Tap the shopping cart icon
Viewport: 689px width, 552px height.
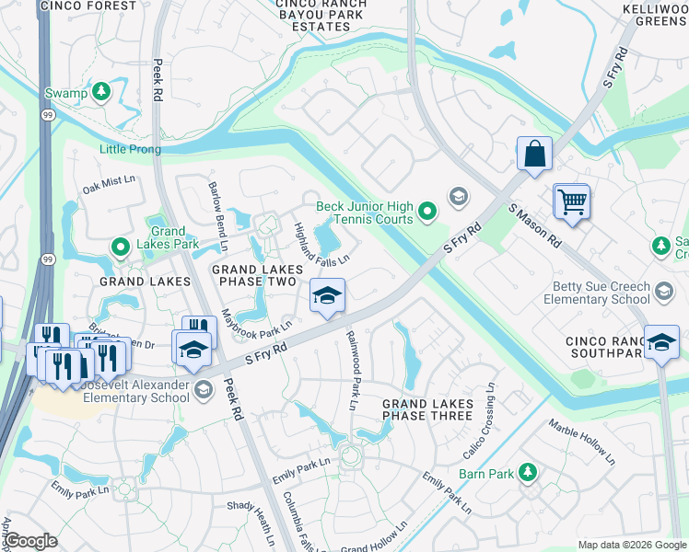point(571,201)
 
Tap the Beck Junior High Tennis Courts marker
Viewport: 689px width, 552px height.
point(426,213)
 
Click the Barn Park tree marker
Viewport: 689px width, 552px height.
point(527,473)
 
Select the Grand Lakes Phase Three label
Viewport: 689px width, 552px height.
point(427,409)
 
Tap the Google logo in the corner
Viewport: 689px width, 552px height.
point(30,541)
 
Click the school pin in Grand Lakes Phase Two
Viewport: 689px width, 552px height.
point(326,296)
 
